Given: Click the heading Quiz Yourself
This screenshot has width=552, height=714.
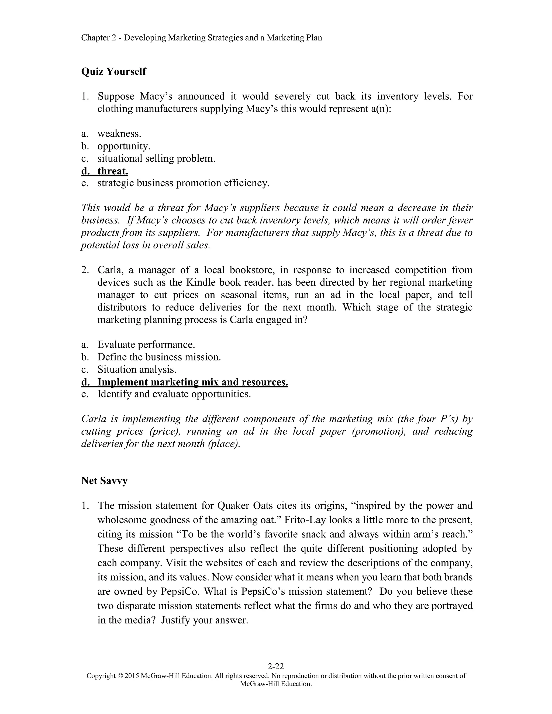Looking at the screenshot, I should point(113,71).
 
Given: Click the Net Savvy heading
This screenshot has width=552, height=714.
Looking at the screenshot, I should point(104,481).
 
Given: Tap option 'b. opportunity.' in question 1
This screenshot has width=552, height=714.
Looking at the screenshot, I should point(124,146).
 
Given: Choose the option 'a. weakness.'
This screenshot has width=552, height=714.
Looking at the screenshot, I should point(119,133).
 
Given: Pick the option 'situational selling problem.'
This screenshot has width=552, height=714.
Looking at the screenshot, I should point(156,158).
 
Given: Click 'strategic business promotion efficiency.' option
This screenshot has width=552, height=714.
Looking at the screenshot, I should point(183,183).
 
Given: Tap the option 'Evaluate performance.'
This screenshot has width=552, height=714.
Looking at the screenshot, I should point(146,345).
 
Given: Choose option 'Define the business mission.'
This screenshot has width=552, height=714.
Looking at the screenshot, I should point(159,357).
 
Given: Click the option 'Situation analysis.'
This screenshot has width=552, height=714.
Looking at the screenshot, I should point(137,369).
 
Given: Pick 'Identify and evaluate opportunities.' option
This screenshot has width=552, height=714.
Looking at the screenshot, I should point(174,394).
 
